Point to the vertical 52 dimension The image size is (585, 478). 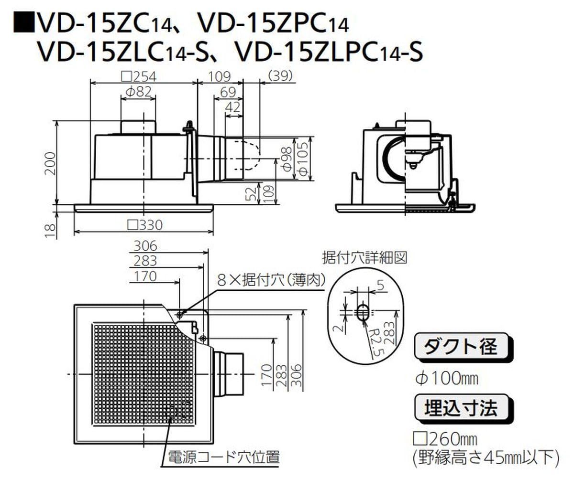(x=250, y=193)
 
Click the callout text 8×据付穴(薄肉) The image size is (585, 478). (x=271, y=280)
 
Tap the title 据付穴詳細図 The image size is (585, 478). (x=364, y=258)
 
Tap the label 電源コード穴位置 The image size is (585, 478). (x=222, y=457)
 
